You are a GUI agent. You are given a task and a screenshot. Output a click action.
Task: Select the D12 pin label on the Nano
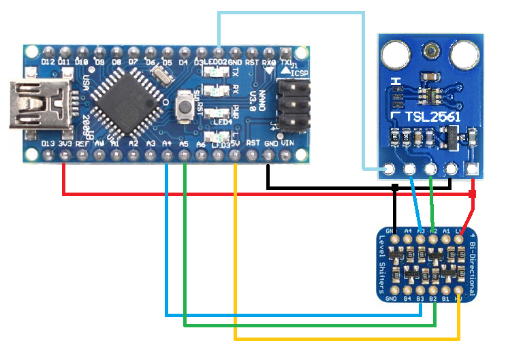tap(48, 62)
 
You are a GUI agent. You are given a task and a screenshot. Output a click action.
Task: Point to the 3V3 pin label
tap(66, 144)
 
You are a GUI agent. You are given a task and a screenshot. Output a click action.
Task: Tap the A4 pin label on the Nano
tap(168, 144)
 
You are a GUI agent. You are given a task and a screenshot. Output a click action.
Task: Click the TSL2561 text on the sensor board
tap(432, 118)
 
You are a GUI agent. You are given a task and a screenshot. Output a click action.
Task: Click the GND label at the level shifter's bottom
tap(392, 298)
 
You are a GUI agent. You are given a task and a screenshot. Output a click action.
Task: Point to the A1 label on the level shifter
tap(446, 231)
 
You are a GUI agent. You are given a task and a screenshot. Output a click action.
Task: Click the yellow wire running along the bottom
tap(341, 338)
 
